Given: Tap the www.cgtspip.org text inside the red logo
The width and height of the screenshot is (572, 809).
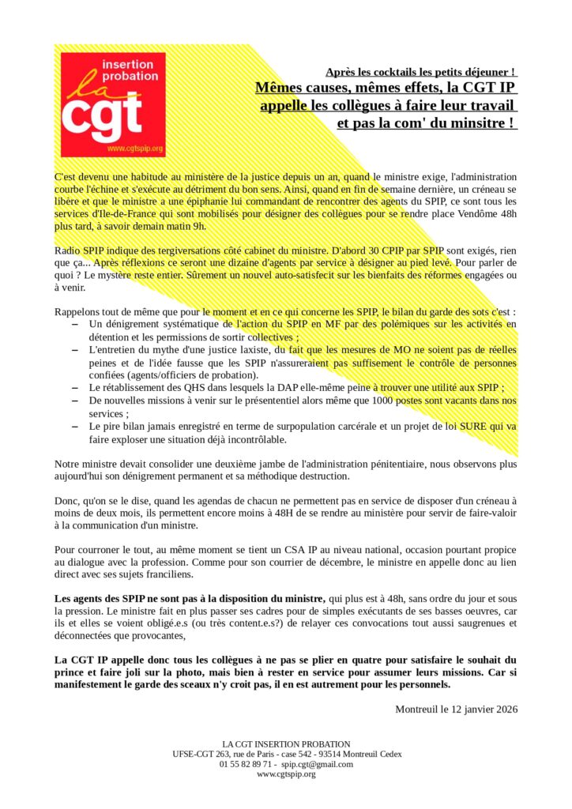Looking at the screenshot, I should click(x=134, y=148).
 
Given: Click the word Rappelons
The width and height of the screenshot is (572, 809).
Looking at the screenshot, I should click(x=80, y=312).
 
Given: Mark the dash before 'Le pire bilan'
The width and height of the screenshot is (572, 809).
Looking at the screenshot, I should click(x=74, y=426).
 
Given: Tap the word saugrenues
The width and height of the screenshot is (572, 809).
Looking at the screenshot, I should click(x=476, y=623).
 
